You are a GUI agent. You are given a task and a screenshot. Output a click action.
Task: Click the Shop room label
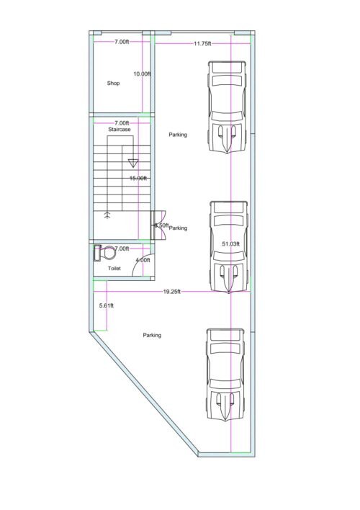coord(112,84)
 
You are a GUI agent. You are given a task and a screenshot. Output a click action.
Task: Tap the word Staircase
coord(119,130)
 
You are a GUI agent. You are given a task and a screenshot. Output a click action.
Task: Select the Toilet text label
coord(114,268)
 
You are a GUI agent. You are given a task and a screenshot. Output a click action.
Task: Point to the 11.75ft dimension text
coord(202,44)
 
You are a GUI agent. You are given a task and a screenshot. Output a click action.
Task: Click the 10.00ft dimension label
coord(141,73)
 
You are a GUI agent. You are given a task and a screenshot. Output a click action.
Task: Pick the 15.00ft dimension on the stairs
coord(138,178)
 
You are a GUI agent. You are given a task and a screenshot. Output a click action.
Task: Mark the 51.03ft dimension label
coord(230,244)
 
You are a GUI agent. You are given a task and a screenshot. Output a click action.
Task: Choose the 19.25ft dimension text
coord(171,292)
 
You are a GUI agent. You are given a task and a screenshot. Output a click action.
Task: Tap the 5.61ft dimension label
coord(106,306)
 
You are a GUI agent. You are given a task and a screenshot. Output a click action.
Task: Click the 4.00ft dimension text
coord(143,259)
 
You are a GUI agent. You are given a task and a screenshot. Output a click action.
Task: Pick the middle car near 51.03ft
coord(229,246)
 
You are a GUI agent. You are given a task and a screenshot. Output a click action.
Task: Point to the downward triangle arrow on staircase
coord(132,162)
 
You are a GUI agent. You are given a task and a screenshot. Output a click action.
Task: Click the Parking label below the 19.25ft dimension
coord(152,335)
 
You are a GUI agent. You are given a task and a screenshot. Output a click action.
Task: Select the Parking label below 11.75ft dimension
coord(178,135)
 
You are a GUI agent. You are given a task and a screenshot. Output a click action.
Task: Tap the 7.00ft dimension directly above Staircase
coord(122,122)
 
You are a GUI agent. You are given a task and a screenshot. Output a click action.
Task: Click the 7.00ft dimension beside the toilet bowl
coord(122,249)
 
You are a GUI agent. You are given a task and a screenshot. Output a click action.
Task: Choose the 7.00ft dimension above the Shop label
coord(122,42)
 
